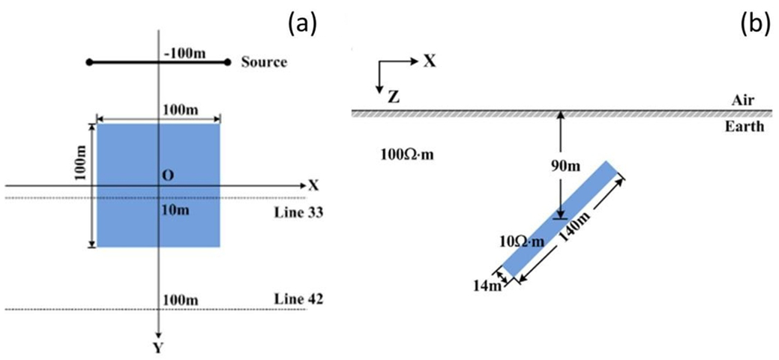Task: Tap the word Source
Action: point(264,62)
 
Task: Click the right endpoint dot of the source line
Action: point(227,62)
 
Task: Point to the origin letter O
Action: point(168,175)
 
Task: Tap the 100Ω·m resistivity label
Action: point(409,156)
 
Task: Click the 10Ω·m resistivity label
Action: point(520,241)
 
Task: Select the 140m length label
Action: point(574,235)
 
